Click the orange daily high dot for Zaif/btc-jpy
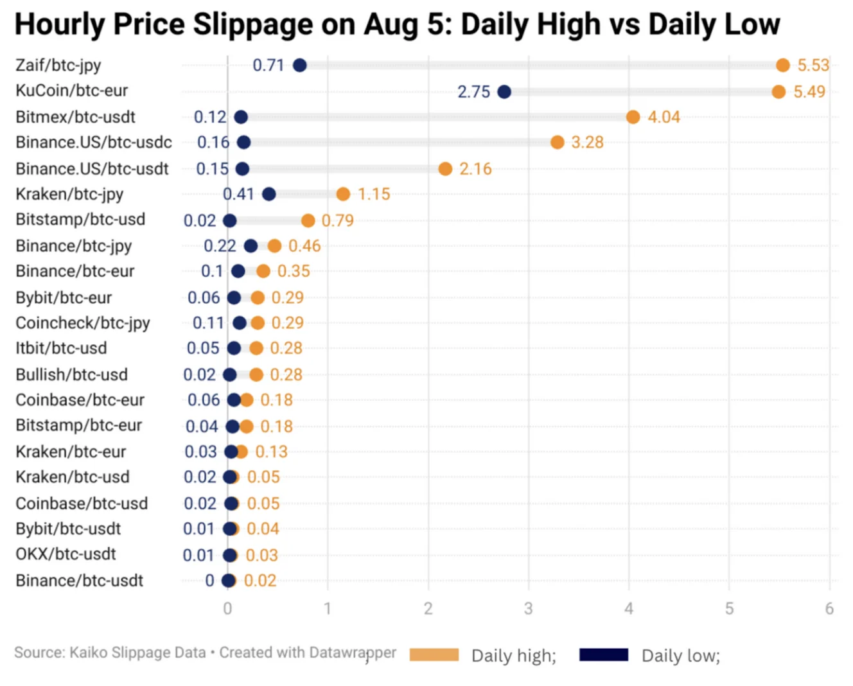click(782, 65)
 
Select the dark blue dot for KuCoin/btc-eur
click(504, 92)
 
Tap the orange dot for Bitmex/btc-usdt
click(633, 117)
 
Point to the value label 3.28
click(587, 142)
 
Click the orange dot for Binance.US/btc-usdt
click(445, 169)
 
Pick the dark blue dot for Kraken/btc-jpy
click(269, 194)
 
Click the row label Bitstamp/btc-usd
click(80, 220)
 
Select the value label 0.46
click(304, 246)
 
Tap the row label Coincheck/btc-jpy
click(82, 323)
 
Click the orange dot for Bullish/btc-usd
click(256, 374)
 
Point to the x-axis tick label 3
click(528, 608)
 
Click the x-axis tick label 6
click(829, 608)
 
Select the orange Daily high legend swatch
click(434, 655)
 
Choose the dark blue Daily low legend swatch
click(603, 655)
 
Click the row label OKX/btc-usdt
click(66, 554)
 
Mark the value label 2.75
click(473, 92)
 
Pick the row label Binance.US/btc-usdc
click(94, 142)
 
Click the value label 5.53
click(813, 65)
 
